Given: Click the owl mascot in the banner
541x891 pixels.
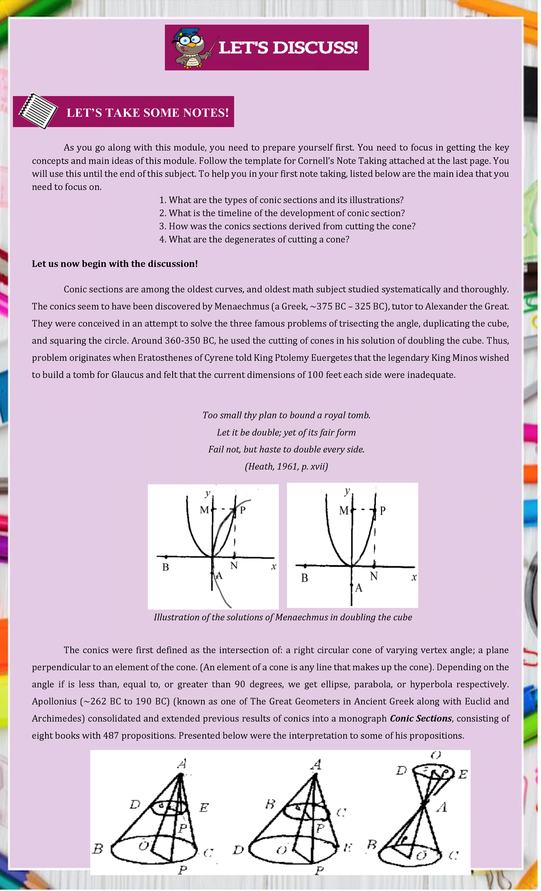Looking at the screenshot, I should pos(192,48).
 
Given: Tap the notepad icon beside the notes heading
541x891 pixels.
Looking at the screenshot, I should pos(39,111).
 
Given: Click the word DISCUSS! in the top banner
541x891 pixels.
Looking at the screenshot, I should pos(315,48).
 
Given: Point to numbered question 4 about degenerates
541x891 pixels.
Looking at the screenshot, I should pos(254,239).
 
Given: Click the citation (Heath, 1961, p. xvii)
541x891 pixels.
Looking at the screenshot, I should pos(286,466).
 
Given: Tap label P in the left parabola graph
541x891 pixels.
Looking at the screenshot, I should pos(243,510).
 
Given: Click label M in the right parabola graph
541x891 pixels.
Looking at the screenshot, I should pos(344,510).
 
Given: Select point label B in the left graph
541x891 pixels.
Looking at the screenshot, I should pos(165,567).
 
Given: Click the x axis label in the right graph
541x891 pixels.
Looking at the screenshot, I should pos(414,577).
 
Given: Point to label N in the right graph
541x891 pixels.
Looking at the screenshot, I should pos(374,576).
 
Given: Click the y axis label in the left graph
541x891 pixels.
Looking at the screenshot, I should pos(207,493).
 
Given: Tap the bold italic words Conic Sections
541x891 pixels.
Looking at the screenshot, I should pos(421,718).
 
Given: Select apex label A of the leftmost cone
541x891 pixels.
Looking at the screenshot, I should pos(182,764).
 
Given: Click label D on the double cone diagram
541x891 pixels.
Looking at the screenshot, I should pos(401,771).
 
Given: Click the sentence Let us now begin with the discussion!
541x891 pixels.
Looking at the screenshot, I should pos(115,264).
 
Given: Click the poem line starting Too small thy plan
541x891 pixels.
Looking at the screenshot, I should pos(286,415).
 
